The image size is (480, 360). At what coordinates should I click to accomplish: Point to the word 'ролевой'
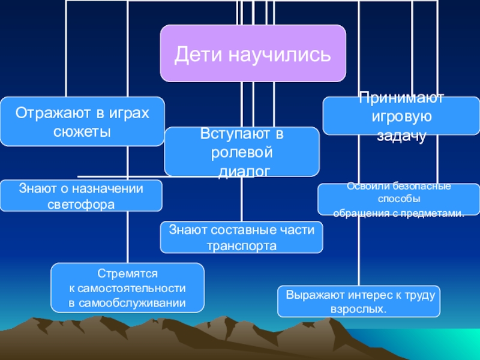[x=242, y=152]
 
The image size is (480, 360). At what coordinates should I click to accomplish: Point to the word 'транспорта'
[x=241, y=245]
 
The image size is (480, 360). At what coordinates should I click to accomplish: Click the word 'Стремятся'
[x=127, y=273]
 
